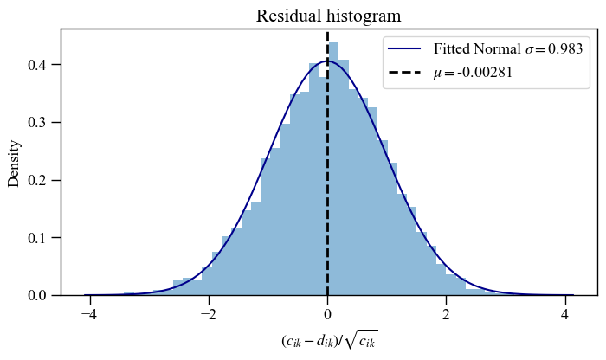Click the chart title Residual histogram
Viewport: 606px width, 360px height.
coord(328,16)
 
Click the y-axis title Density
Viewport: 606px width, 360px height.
coord(14,162)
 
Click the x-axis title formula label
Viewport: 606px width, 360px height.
coord(329,342)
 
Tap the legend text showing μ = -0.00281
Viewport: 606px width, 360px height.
coord(474,73)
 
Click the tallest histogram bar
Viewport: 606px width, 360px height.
coord(333,173)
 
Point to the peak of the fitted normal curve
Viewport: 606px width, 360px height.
coord(327,61)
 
